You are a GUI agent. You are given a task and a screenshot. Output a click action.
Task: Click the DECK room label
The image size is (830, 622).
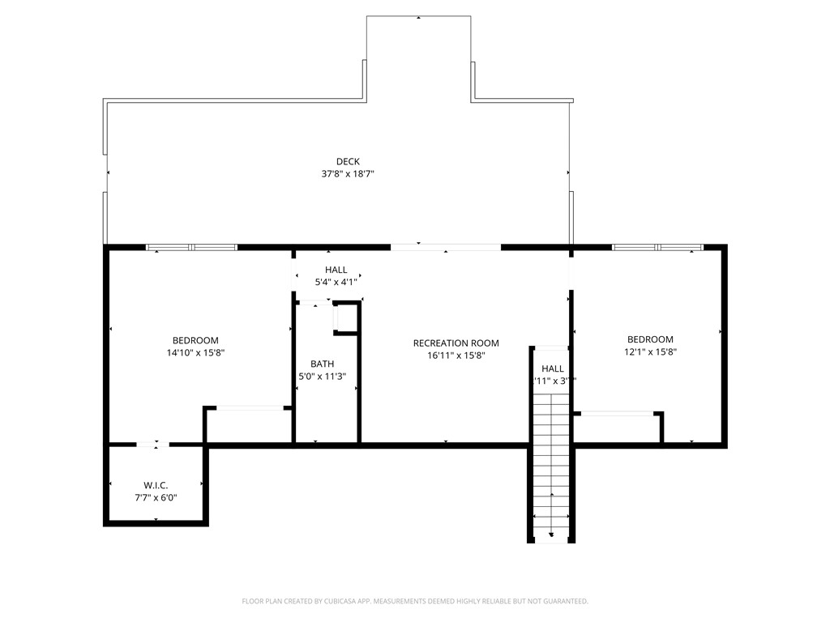[348, 162]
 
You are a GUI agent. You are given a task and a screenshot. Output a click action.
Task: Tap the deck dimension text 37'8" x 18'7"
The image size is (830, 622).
[348, 174]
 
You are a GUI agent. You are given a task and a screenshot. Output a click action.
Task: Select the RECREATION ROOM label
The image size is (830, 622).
[456, 343]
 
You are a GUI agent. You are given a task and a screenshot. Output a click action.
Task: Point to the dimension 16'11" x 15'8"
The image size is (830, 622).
[456, 356]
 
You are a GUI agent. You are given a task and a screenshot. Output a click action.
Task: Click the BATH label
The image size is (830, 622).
[322, 364]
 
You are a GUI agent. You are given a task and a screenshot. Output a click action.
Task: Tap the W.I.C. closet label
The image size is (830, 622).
[155, 485]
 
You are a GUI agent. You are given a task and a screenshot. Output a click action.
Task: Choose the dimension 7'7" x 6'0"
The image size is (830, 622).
[155, 498]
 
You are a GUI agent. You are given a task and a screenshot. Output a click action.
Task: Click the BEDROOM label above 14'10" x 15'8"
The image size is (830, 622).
[195, 340]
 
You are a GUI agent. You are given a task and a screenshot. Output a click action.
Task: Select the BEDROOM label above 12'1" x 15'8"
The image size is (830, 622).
[650, 339]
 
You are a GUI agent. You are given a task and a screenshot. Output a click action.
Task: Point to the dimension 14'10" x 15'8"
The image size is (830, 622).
[195, 353]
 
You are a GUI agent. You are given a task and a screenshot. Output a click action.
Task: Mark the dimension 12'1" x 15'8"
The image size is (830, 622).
[650, 352]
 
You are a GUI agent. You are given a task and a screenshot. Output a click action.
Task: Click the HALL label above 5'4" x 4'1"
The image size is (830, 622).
[336, 270]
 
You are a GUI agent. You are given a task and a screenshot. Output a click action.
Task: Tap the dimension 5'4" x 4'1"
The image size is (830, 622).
[336, 283]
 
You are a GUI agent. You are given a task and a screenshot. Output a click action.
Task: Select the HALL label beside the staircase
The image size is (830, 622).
[553, 369]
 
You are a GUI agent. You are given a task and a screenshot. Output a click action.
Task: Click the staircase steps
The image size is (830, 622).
[552, 462]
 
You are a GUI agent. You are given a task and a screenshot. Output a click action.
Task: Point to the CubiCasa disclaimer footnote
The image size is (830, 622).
[415, 601]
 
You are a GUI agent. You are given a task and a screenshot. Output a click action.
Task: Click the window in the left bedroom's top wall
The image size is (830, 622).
[191, 247]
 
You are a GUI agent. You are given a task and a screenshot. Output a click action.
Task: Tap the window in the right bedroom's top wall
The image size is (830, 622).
[657, 247]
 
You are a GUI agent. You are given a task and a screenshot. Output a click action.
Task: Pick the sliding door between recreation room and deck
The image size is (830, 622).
[446, 247]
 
